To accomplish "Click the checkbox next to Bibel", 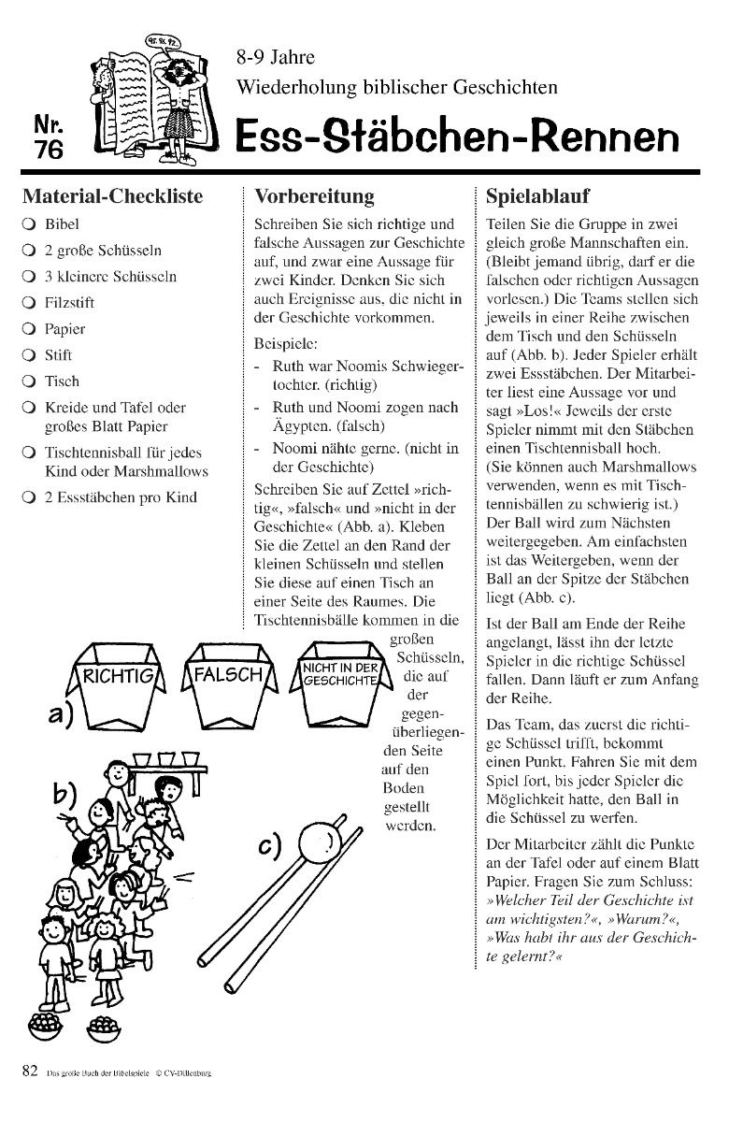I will tap(29, 224).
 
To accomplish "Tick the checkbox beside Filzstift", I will tap(29, 303).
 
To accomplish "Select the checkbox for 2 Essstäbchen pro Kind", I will tap(29, 497).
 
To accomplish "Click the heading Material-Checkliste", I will tap(112, 197).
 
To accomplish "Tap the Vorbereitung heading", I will tap(314, 197).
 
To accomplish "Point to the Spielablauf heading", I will tap(538, 197).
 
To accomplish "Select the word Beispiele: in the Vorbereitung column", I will tap(285, 342).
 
